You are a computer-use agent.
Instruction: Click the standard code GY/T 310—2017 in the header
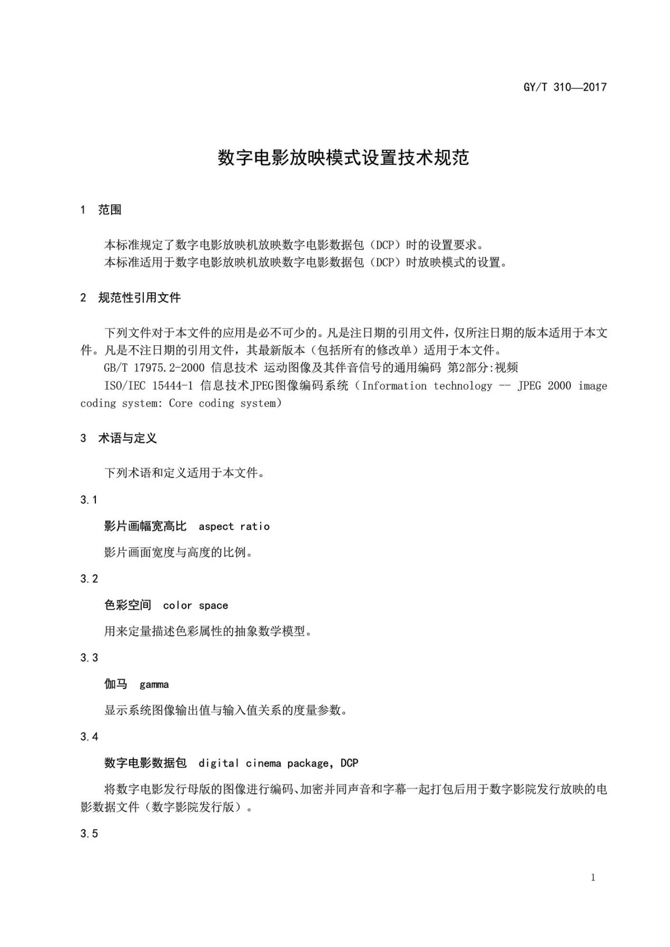pos(565,87)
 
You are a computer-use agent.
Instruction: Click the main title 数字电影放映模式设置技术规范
pos(343,158)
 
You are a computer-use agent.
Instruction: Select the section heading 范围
pos(109,210)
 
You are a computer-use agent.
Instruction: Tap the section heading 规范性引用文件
pos(139,298)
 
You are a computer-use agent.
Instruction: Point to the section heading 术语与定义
pos(127,438)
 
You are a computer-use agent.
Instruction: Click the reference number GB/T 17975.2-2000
pos(154,368)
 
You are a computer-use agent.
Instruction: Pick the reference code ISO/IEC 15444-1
pos(148,386)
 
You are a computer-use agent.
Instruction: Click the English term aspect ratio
pos(234,527)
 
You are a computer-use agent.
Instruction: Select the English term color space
pos(195,606)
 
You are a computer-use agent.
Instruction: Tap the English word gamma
pos(154,685)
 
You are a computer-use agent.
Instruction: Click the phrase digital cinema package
pos(263,763)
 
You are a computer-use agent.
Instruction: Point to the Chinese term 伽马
pos(116,684)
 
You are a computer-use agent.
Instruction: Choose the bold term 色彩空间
pos(127,605)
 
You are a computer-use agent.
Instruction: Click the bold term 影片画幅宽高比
pos(145,526)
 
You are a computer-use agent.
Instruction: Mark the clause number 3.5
pos(89,834)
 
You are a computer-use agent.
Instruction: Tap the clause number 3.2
pos(89,579)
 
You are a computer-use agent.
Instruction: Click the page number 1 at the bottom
pos(593,878)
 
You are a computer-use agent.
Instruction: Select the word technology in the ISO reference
pos(462,386)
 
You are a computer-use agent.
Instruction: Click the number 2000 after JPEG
pos(559,386)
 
